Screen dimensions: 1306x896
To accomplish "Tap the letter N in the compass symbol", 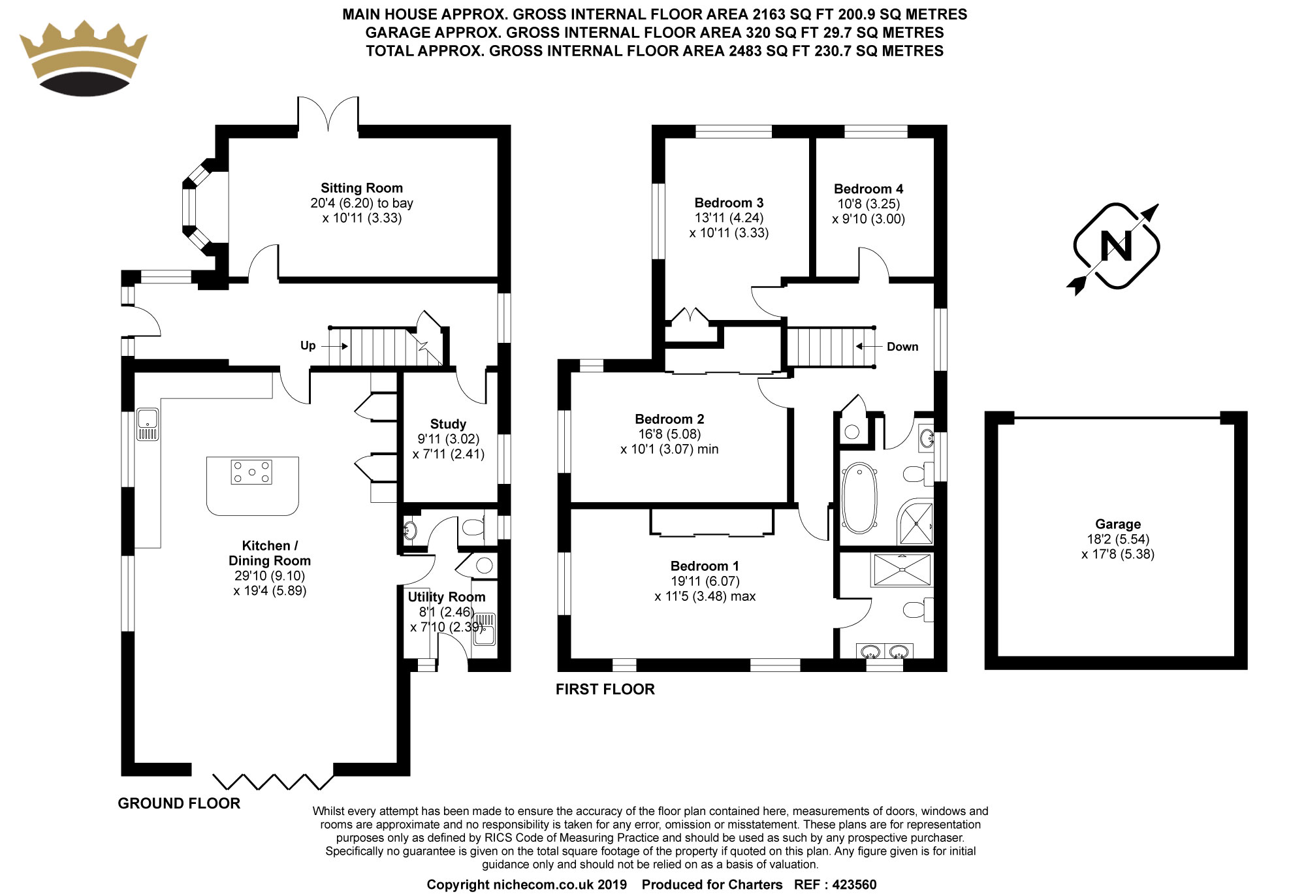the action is click(1116, 246).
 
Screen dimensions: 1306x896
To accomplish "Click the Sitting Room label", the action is click(361, 188).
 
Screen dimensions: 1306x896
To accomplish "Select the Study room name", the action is click(448, 424).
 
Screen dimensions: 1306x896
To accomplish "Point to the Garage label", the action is click(1118, 524).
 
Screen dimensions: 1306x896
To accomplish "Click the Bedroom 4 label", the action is click(868, 189).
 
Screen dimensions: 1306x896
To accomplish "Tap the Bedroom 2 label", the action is click(669, 419).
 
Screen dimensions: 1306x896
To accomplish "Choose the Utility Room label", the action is click(447, 597).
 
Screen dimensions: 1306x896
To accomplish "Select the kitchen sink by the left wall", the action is click(148, 424).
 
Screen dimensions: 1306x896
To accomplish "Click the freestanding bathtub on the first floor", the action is click(859, 498).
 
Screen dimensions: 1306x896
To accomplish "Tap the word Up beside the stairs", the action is click(308, 345).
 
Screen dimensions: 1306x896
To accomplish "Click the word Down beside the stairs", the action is click(902, 347).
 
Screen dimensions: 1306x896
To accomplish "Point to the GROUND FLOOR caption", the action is click(179, 803).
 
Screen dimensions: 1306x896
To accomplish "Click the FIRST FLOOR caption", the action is click(605, 689).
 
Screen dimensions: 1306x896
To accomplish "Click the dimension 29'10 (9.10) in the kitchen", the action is click(270, 576).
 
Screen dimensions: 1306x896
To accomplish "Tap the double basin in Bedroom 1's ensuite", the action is click(885, 651).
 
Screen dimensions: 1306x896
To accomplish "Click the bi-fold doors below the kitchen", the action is click(274, 781).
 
